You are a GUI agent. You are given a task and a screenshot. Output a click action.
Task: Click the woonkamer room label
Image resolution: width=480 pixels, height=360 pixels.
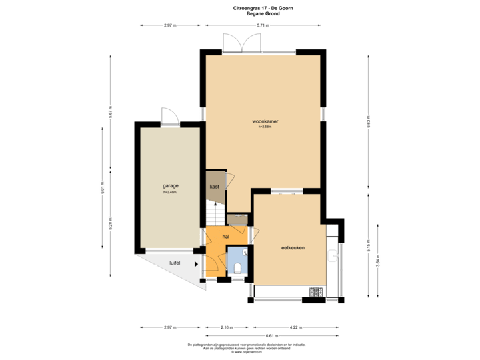click(265, 121)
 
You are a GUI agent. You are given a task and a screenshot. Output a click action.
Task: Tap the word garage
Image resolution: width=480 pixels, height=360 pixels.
click(170, 186)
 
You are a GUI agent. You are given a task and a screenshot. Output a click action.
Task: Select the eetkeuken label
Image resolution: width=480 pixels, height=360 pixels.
click(293, 247)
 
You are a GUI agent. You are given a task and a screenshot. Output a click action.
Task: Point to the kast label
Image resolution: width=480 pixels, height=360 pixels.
click(215, 187)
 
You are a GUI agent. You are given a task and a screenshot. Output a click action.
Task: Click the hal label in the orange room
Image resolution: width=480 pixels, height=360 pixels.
click(226, 237)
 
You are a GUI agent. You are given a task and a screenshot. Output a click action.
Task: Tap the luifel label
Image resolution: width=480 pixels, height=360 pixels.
click(175, 263)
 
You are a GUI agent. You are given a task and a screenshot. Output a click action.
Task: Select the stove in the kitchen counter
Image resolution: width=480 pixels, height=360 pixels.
click(315, 291)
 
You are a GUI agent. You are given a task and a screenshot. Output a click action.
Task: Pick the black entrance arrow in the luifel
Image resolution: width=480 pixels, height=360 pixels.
click(196, 264)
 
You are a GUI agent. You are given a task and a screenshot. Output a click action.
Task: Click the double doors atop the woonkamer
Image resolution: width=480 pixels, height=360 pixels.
click(242, 43)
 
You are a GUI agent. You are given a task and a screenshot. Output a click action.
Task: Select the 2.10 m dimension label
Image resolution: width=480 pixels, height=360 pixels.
click(227, 327)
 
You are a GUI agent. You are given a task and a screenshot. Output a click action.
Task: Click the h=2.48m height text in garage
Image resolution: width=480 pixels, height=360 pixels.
click(170, 193)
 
